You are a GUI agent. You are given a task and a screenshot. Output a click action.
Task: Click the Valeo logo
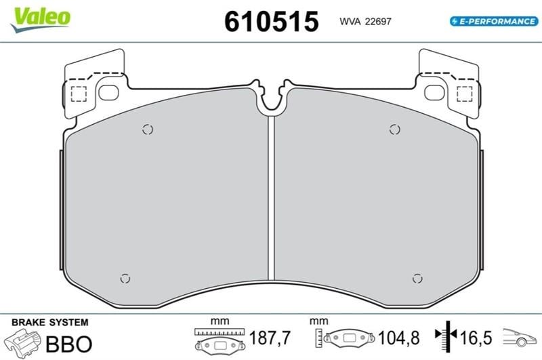41,20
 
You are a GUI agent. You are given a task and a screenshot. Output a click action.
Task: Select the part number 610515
272,22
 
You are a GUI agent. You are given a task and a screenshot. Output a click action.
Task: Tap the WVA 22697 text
365,22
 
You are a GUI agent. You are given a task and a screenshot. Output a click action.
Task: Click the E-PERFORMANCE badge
494,21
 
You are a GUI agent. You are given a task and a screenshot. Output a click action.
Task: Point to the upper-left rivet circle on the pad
148,129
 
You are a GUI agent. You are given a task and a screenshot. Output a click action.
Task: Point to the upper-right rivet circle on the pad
394,129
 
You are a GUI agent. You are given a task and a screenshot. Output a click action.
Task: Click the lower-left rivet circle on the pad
125,279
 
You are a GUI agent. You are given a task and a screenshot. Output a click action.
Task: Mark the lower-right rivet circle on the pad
417,279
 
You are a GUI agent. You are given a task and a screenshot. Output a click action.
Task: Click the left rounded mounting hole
108,93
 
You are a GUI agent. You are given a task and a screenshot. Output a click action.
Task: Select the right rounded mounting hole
434,93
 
